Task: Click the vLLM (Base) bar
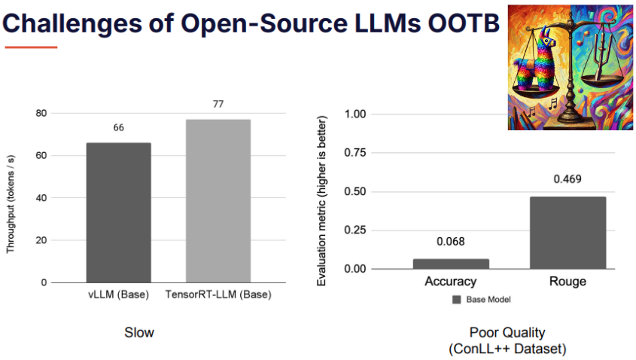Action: (x=118, y=212)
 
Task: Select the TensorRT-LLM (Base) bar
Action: (x=218, y=201)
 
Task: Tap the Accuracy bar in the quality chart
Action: (x=451, y=264)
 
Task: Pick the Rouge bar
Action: (x=568, y=233)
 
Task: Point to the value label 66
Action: (x=118, y=128)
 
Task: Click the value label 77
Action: (x=218, y=104)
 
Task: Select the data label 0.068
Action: (x=451, y=242)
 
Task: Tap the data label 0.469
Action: (x=568, y=179)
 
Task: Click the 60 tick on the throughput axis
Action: (x=41, y=155)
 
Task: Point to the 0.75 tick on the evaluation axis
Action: (x=355, y=153)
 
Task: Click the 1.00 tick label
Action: (x=355, y=114)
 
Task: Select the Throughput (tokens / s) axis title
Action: (x=10, y=204)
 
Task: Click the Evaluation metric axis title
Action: (x=321, y=201)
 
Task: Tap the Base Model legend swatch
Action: (x=457, y=300)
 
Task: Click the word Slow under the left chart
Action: (x=139, y=333)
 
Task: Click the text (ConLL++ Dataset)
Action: (x=507, y=349)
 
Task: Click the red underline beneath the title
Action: (x=31, y=47)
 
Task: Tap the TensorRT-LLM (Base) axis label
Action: (x=218, y=294)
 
